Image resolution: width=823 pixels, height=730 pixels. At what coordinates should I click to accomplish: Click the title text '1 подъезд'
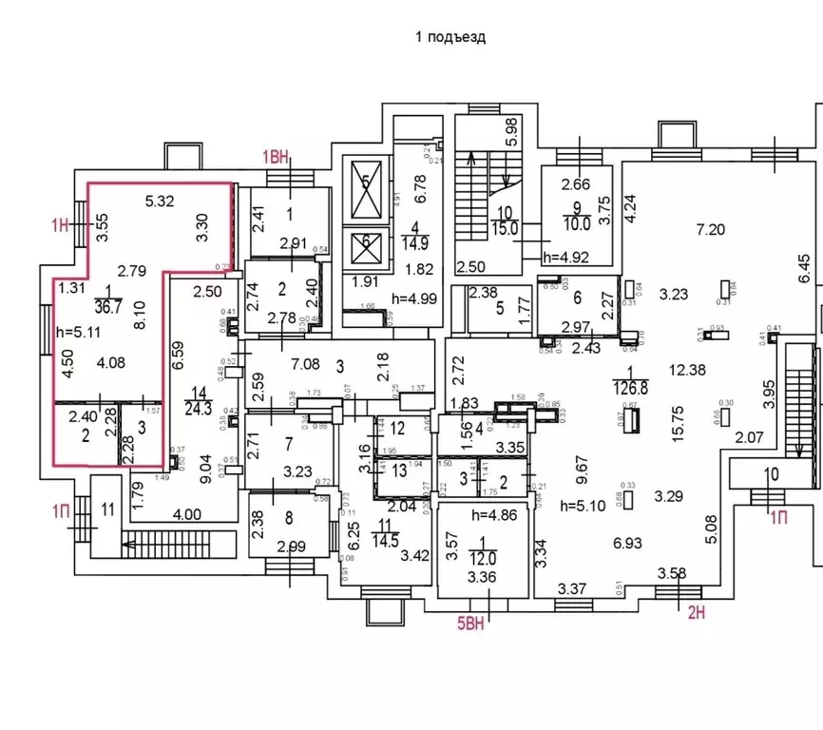click(x=450, y=37)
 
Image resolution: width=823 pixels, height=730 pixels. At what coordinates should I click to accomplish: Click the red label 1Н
click(x=61, y=224)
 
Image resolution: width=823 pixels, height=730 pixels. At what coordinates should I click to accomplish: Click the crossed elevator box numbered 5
click(x=364, y=193)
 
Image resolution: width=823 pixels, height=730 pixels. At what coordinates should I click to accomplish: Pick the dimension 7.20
click(x=711, y=230)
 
